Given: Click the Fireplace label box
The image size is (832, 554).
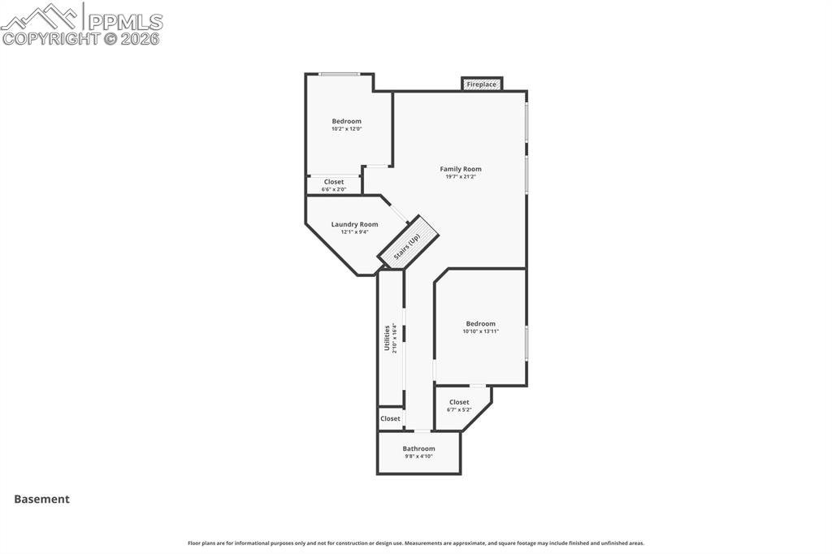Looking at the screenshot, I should click(482, 84).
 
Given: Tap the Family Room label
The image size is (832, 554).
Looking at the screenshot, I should click(461, 169).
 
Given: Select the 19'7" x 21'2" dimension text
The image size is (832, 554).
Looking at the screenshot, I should click(461, 176).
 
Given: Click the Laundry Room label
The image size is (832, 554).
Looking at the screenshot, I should click(354, 224).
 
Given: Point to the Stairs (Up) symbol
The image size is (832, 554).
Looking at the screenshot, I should click(409, 241).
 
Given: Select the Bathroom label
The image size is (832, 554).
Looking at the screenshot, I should click(418, 448).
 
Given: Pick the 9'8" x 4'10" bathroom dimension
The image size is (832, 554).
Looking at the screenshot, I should click(418, 457).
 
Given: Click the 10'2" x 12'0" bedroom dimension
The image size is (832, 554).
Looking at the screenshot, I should click(346, 128).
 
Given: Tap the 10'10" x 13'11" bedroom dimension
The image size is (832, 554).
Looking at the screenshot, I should click(480, 331).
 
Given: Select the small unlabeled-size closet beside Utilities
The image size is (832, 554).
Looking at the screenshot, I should click(390, 418).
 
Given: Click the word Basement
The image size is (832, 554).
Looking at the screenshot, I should click(41, 500).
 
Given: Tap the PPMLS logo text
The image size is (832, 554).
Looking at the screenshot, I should click(125, 21).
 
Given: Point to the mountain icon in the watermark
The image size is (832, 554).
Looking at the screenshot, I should click(41, 15).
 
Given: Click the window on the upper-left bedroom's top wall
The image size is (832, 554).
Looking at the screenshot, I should click(339, 75).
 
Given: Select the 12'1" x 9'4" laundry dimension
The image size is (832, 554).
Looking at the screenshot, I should click(354, 232).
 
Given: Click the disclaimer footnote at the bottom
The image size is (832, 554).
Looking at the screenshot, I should click(416, 543).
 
